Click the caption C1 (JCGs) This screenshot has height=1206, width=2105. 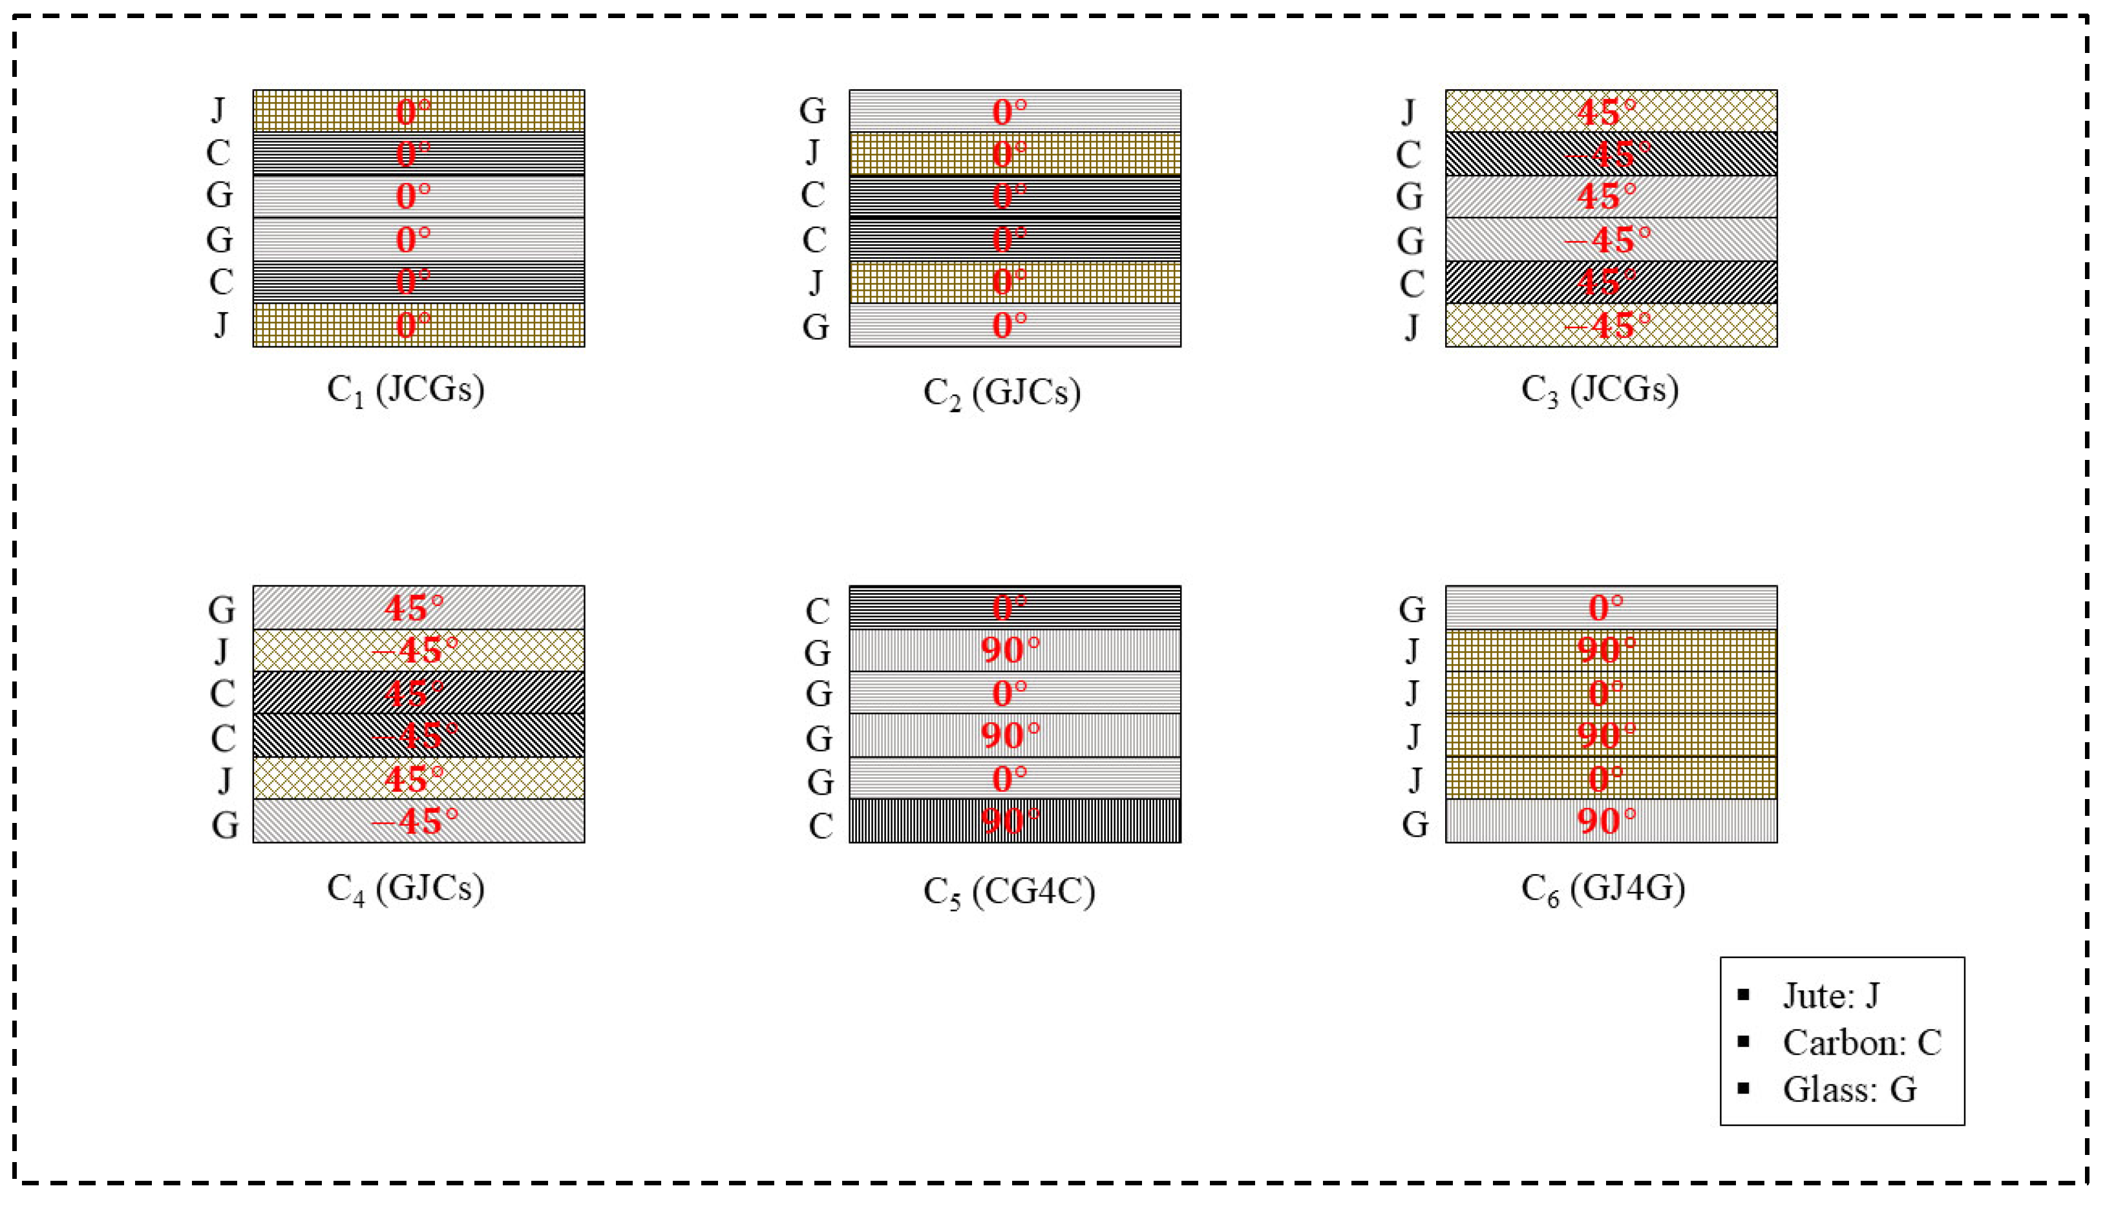(405, 390)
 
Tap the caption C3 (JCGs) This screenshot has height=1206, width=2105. (1600, 390)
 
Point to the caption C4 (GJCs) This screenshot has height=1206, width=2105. (405, 888)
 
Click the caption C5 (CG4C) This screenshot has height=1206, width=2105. (1010, 891)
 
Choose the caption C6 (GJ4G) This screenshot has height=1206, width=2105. (1603, 888)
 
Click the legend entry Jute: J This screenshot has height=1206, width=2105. (1831, 995)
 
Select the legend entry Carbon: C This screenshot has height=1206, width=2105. (1861, 1042)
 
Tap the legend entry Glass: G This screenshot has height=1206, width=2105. (1849, 1089)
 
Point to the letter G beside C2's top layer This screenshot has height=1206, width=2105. (812, 111)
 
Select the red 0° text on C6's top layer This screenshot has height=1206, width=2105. (1605, 607)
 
